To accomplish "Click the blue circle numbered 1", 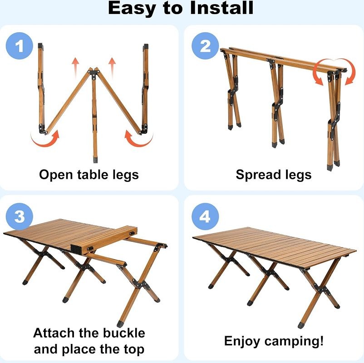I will [x=20, y=46].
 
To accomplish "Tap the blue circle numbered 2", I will [x=205, y=46].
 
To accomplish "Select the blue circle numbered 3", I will [x=20, y=216].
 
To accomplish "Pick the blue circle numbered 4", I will [x=205, y=216].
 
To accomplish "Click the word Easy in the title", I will [x=132, y=9].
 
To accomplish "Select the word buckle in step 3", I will [x=123, y=333].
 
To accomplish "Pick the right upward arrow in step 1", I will [x=112, y=66].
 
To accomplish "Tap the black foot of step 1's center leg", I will [x=95, y=160].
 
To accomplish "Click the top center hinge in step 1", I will [x=94, y=73].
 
